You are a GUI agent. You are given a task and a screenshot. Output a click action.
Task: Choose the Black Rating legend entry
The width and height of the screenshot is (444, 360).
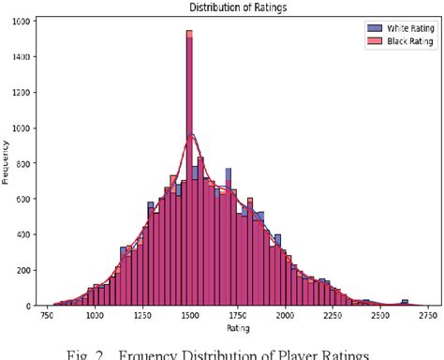click(400, 40)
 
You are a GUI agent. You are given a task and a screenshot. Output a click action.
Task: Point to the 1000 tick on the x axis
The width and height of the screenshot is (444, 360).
click(95, 317)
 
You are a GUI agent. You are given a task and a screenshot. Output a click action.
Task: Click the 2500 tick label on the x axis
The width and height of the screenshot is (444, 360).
click(379, 317)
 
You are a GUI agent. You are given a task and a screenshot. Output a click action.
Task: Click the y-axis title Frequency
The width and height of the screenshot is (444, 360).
click(7, 164)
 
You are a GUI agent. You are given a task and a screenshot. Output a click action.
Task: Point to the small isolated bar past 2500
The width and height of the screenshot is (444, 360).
click(405, 303)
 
